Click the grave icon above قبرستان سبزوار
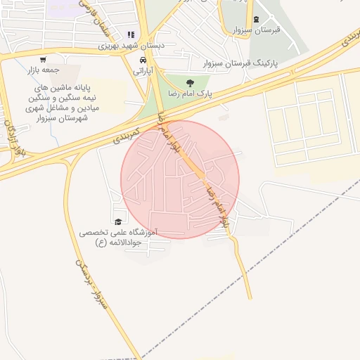[x=256, y=19]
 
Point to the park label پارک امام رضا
[x=189, y=93]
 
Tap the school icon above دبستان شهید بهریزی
[x=130, y=34]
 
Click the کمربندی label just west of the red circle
[x=127, y=134]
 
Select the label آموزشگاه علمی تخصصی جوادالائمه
[x=118, y=237]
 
